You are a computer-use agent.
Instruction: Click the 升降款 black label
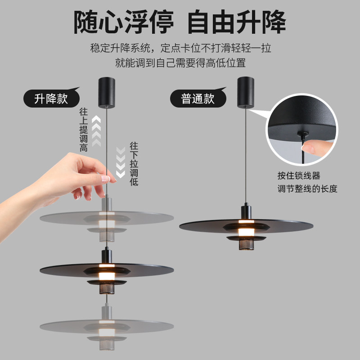tap(51, 99)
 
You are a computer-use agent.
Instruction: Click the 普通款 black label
tap(198, 99)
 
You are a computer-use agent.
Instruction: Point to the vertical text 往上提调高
tap(83, 130)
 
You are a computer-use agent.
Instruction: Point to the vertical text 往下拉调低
tap(134, 164)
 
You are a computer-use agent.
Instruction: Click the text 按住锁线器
tap(298, 175)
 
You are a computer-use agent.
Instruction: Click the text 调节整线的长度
tap(307, 189)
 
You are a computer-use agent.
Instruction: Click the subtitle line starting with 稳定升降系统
tap(180, 48)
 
